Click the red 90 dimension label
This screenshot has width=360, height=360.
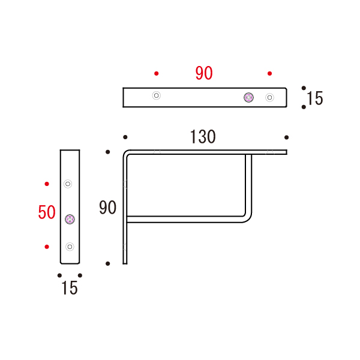point(204,73)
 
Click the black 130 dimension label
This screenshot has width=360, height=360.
point(203,137)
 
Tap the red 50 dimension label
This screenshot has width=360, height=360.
point(47,212)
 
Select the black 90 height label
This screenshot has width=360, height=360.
point(107,208)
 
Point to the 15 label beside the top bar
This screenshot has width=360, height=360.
point(315,98)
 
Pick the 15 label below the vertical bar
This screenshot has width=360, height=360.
point(70,288)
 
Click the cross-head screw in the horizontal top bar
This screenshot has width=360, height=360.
point(248,98)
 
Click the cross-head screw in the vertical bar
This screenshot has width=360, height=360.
point(70,219)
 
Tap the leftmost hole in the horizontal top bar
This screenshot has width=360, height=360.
point(157,95)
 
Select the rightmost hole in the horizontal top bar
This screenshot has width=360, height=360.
point(270,98)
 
